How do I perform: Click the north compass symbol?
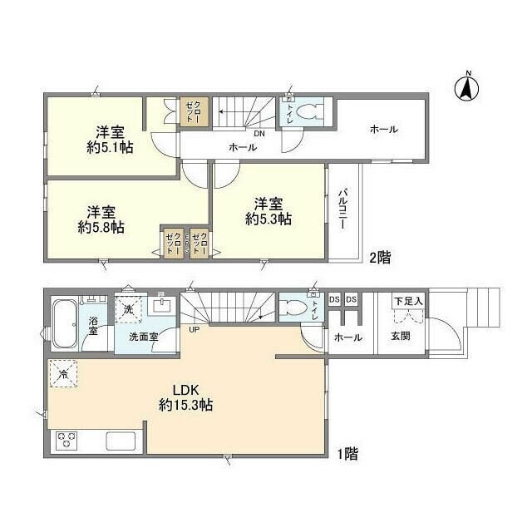coord(467,86)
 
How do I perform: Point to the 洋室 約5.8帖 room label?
coord(101,219)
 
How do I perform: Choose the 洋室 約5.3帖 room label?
coord(268,210)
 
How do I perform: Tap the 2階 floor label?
coord(378,258)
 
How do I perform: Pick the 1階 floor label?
coord(347,454)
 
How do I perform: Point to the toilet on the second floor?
coord(308,114)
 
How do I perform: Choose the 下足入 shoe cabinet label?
coord(407,300)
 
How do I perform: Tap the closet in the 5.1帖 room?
coord(190,112)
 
